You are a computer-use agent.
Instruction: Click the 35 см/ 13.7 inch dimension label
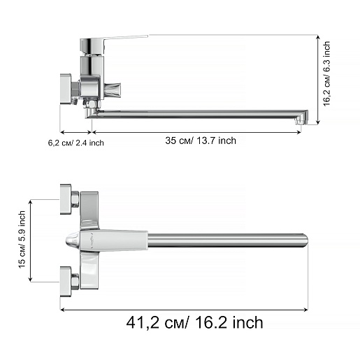coord(201,141)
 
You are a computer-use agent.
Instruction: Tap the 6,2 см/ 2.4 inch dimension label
coord(75,143)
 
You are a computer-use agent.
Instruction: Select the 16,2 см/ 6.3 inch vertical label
coord(326,73)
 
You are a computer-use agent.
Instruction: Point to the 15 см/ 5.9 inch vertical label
coord(22,240)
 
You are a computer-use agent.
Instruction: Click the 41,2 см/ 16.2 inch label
coord(194,322)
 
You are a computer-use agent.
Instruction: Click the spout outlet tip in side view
coord(301,121)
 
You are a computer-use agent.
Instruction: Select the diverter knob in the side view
coord(113,89)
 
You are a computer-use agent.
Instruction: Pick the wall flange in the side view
coord(66,89)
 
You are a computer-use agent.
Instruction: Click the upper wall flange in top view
coord(66,199)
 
